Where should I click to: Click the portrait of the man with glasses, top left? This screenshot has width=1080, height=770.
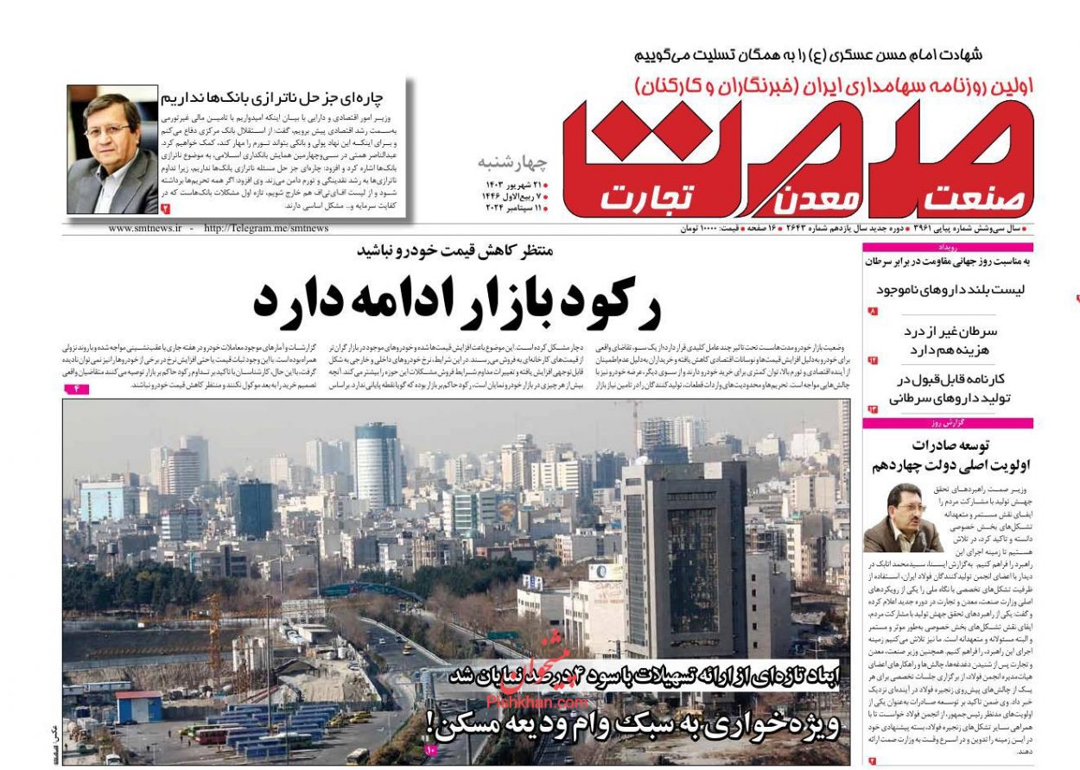[x=111, y=148]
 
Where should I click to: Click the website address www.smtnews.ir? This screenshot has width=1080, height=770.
[x=145, y=228]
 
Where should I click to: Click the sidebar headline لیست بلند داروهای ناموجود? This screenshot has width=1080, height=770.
[x=950, y=290]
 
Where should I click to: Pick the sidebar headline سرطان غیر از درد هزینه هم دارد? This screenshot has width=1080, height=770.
[x=950, y=341]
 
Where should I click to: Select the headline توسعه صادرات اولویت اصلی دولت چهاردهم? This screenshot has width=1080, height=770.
[x=950, y=456]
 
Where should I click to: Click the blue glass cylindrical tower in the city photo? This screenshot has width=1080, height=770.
[x=378, y=466]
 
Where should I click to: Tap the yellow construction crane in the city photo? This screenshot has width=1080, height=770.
[x=214, y=634]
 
